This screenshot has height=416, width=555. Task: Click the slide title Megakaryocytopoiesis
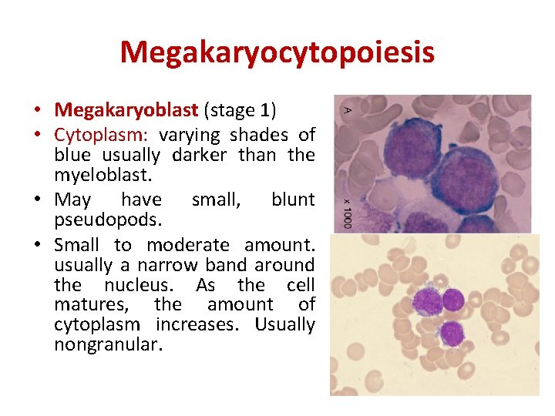tap(277, 52)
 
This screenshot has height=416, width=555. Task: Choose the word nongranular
tap(107, 344)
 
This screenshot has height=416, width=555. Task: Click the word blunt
tap(293, 200)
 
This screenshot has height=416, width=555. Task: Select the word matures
tap(84, 304)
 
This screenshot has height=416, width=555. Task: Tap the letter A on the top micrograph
tap(347, 109)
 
